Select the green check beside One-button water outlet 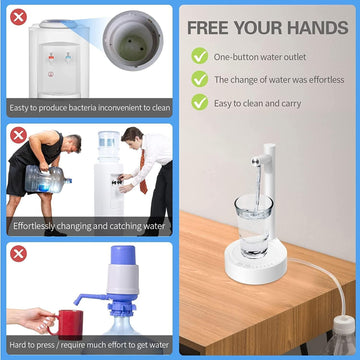point(200,57)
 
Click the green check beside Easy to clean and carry point(200,101)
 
